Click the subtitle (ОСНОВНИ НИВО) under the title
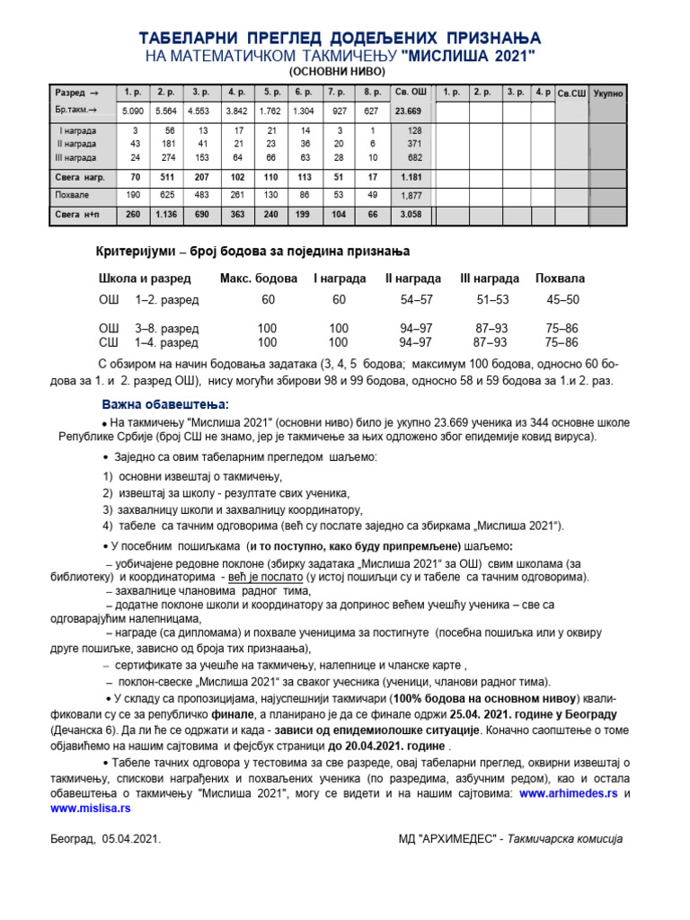pos(336,71)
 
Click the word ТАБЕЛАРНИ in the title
pos(187,38)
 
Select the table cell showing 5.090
pos(134,111)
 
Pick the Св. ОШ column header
pos(411,93)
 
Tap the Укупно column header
pos(608,93)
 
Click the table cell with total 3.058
pos(411,216)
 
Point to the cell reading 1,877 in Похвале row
pos(411,196)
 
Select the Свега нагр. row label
pos(80,177)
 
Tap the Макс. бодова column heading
pos(258,279)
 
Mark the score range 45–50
pos(563,299)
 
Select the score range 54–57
pos(416,299)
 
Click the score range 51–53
pos(492,299)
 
